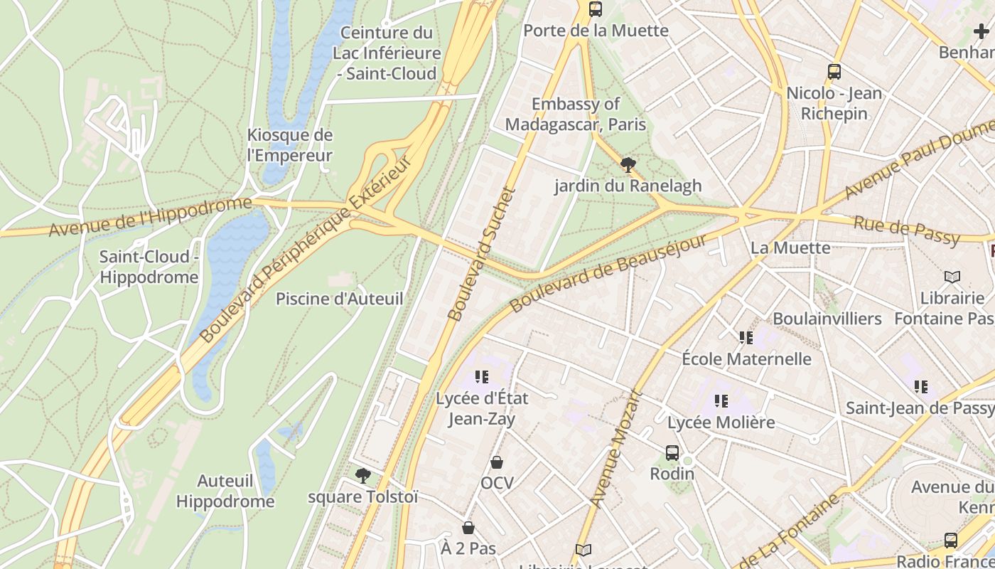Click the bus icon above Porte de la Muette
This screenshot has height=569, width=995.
(596, 9)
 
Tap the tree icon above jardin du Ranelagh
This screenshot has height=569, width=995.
(628, 165)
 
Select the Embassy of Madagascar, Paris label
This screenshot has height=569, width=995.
(576, 115)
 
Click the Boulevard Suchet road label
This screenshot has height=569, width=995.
(480, 253)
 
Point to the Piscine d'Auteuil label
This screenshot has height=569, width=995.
(339, 299)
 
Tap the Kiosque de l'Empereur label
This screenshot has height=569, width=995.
(289, 145)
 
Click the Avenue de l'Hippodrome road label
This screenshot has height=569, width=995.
(150, 216)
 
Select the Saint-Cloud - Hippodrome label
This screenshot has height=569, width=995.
(149, 267)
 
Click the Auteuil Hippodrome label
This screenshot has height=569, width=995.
(225, 491)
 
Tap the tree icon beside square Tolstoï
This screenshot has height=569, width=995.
(363, 475)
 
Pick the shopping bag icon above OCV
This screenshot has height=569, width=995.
(497, 463)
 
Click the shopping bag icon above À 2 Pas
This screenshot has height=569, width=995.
(468, 528)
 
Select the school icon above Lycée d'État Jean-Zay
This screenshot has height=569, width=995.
(482, 377)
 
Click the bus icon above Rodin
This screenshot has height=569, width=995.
(672, 452)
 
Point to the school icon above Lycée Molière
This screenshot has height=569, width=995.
(721, 401)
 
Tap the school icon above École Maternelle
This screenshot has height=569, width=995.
(746, 337)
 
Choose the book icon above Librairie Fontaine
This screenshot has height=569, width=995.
(952, 277)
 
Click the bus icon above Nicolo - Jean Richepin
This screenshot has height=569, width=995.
(834, 72)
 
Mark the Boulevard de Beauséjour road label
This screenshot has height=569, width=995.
(608, 272)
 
